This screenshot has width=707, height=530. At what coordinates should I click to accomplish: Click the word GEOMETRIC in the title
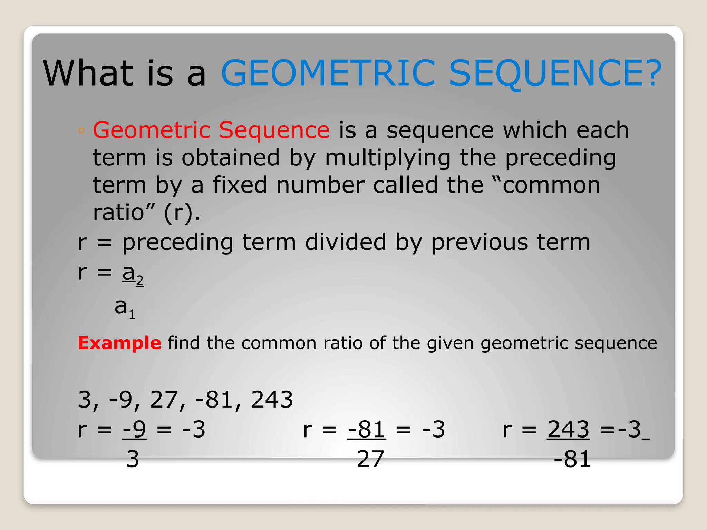tap(328, 73)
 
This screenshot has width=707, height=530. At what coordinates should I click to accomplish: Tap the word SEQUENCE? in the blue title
tap(555, 73)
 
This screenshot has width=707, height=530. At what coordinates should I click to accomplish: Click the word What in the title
tap(88, 73)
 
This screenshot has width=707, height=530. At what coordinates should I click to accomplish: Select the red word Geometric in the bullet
tap(152, 130)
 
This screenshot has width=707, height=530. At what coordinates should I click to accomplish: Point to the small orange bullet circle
tap(81, 130)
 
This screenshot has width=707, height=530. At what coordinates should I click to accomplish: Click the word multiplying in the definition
tap(388, 158)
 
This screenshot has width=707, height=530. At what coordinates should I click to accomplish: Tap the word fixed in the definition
tap(240, 185)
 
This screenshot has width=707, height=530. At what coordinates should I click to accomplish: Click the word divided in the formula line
tap(346, 242)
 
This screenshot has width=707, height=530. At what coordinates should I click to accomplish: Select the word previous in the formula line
tap(480, 242)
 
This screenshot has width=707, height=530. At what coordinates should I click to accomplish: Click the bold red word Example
tap(119, 343)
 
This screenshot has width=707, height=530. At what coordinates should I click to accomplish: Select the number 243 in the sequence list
tap(272, 400)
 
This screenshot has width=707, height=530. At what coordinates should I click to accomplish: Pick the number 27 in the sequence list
tap(164, 400)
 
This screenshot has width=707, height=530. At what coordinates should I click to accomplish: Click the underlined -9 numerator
tap(134, 430)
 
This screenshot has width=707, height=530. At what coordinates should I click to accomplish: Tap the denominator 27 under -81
tap(370, 459)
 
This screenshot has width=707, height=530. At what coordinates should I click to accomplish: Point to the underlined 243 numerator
tap(568, 430)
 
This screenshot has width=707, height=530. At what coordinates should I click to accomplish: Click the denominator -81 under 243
tap(572, 459)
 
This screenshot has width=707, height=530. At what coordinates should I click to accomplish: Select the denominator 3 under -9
tap(133, 459)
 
